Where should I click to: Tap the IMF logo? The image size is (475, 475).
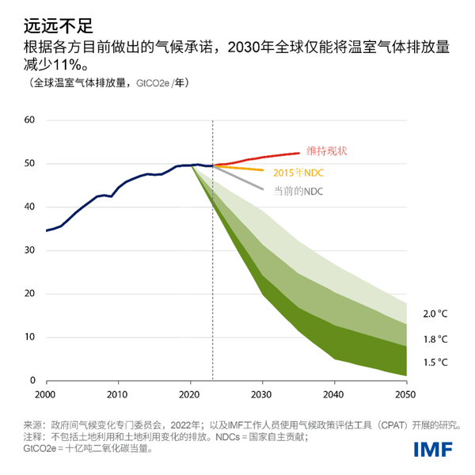tap(432, 450)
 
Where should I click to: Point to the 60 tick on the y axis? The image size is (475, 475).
tap(31, 120)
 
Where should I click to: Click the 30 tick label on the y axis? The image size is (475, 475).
tap(31, 250)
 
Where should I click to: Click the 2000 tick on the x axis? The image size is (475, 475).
tap(46, 393)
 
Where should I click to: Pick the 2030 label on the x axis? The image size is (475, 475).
tap(262, 393)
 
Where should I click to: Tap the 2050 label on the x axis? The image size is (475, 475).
tap(406, 393)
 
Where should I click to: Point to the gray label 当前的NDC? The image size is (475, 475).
tap(298, 192)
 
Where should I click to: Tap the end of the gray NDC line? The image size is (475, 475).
tap(263, 188)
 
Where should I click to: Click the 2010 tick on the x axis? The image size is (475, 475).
tap(118, 393)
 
